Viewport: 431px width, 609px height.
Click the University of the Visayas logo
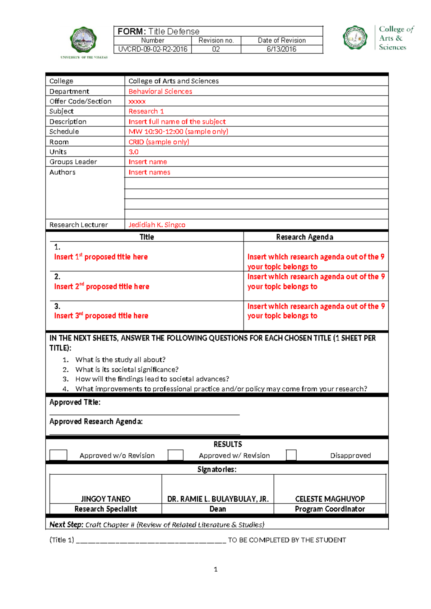[84, 40]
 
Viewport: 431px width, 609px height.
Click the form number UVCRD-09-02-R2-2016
[153, 49]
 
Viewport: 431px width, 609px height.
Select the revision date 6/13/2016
[282, 49]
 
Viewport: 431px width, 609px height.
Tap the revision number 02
[216, 49]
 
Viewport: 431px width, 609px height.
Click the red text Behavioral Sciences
[160, 92]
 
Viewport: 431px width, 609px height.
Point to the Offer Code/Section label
[80, 102]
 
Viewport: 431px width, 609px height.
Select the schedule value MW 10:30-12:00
[178, 132]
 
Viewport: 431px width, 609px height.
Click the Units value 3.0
[134, 152]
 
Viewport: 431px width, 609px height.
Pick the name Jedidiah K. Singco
[157, 225]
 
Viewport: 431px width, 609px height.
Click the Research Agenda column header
[305, 237]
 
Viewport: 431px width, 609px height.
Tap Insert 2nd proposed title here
[102, 287]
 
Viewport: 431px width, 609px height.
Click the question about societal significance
[127, 369]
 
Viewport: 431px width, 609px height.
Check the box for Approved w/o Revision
[58, 455]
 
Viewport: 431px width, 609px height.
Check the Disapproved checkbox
[291, 455]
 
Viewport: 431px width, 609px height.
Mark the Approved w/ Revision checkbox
[176, 455]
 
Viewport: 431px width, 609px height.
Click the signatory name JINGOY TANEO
[106, 499]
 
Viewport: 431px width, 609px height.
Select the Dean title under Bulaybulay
[218, 509]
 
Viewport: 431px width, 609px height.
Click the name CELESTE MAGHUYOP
[330, 499]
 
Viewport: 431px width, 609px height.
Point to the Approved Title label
[75, 403]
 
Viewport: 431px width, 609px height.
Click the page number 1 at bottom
[215, 569]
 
